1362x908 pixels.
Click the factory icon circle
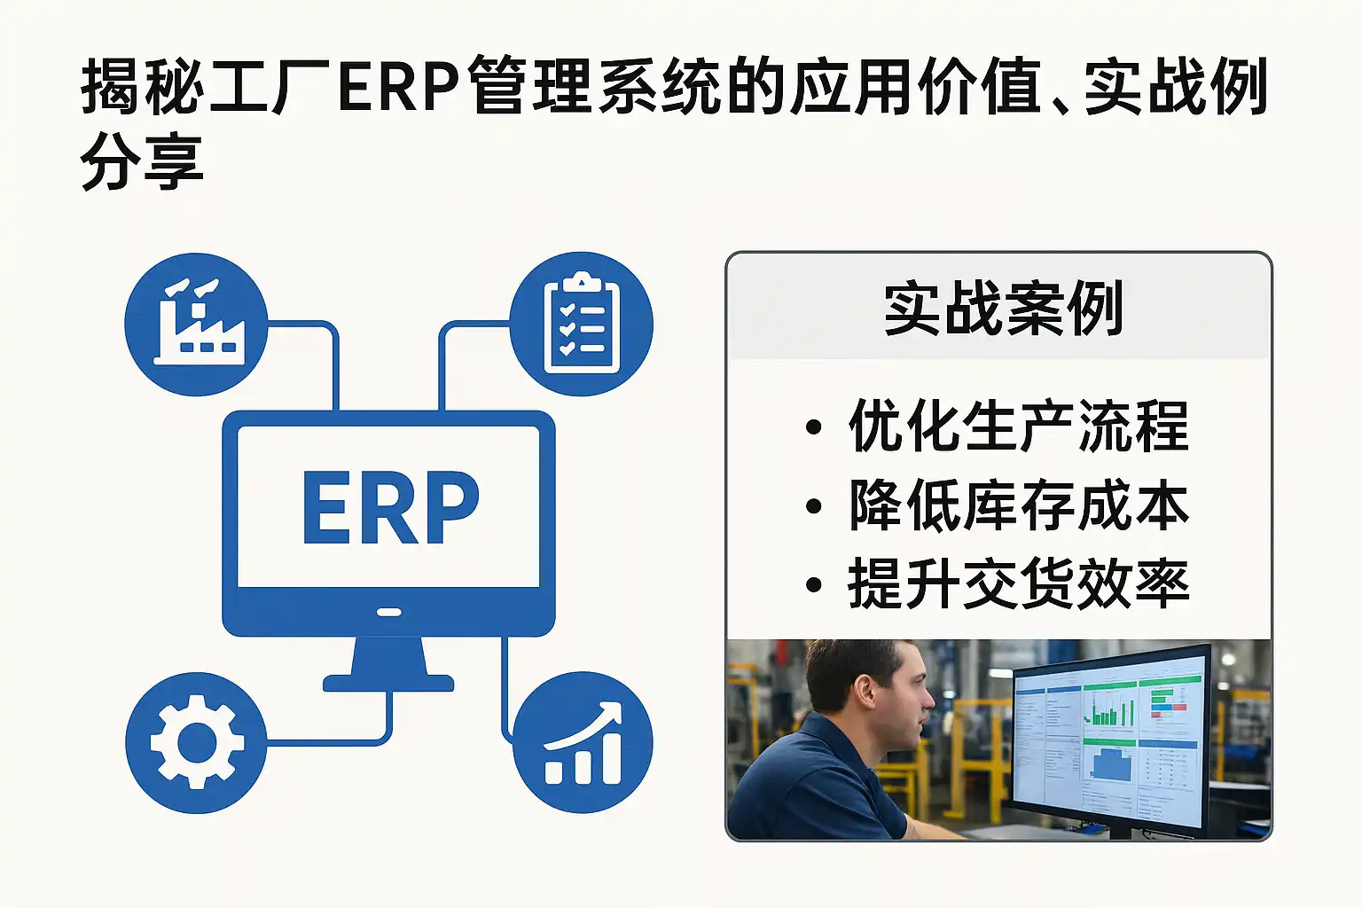tap(196, 325)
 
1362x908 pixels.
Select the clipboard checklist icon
tap(582, 325)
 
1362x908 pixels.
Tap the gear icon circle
tap(196, 742)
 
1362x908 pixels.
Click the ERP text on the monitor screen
tap(391, 508)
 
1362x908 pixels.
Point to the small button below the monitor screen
tap(388, 612)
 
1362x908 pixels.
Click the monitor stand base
tap(388, 683)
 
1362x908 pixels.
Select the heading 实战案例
tap(1003, 309)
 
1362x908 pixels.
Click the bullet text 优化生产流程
tap(1019, 426)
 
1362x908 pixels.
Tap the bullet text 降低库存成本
tap(1019, 505)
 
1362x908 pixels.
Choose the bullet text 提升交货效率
tap(1019, 583)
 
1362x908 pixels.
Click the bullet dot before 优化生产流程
tap(813, 427)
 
